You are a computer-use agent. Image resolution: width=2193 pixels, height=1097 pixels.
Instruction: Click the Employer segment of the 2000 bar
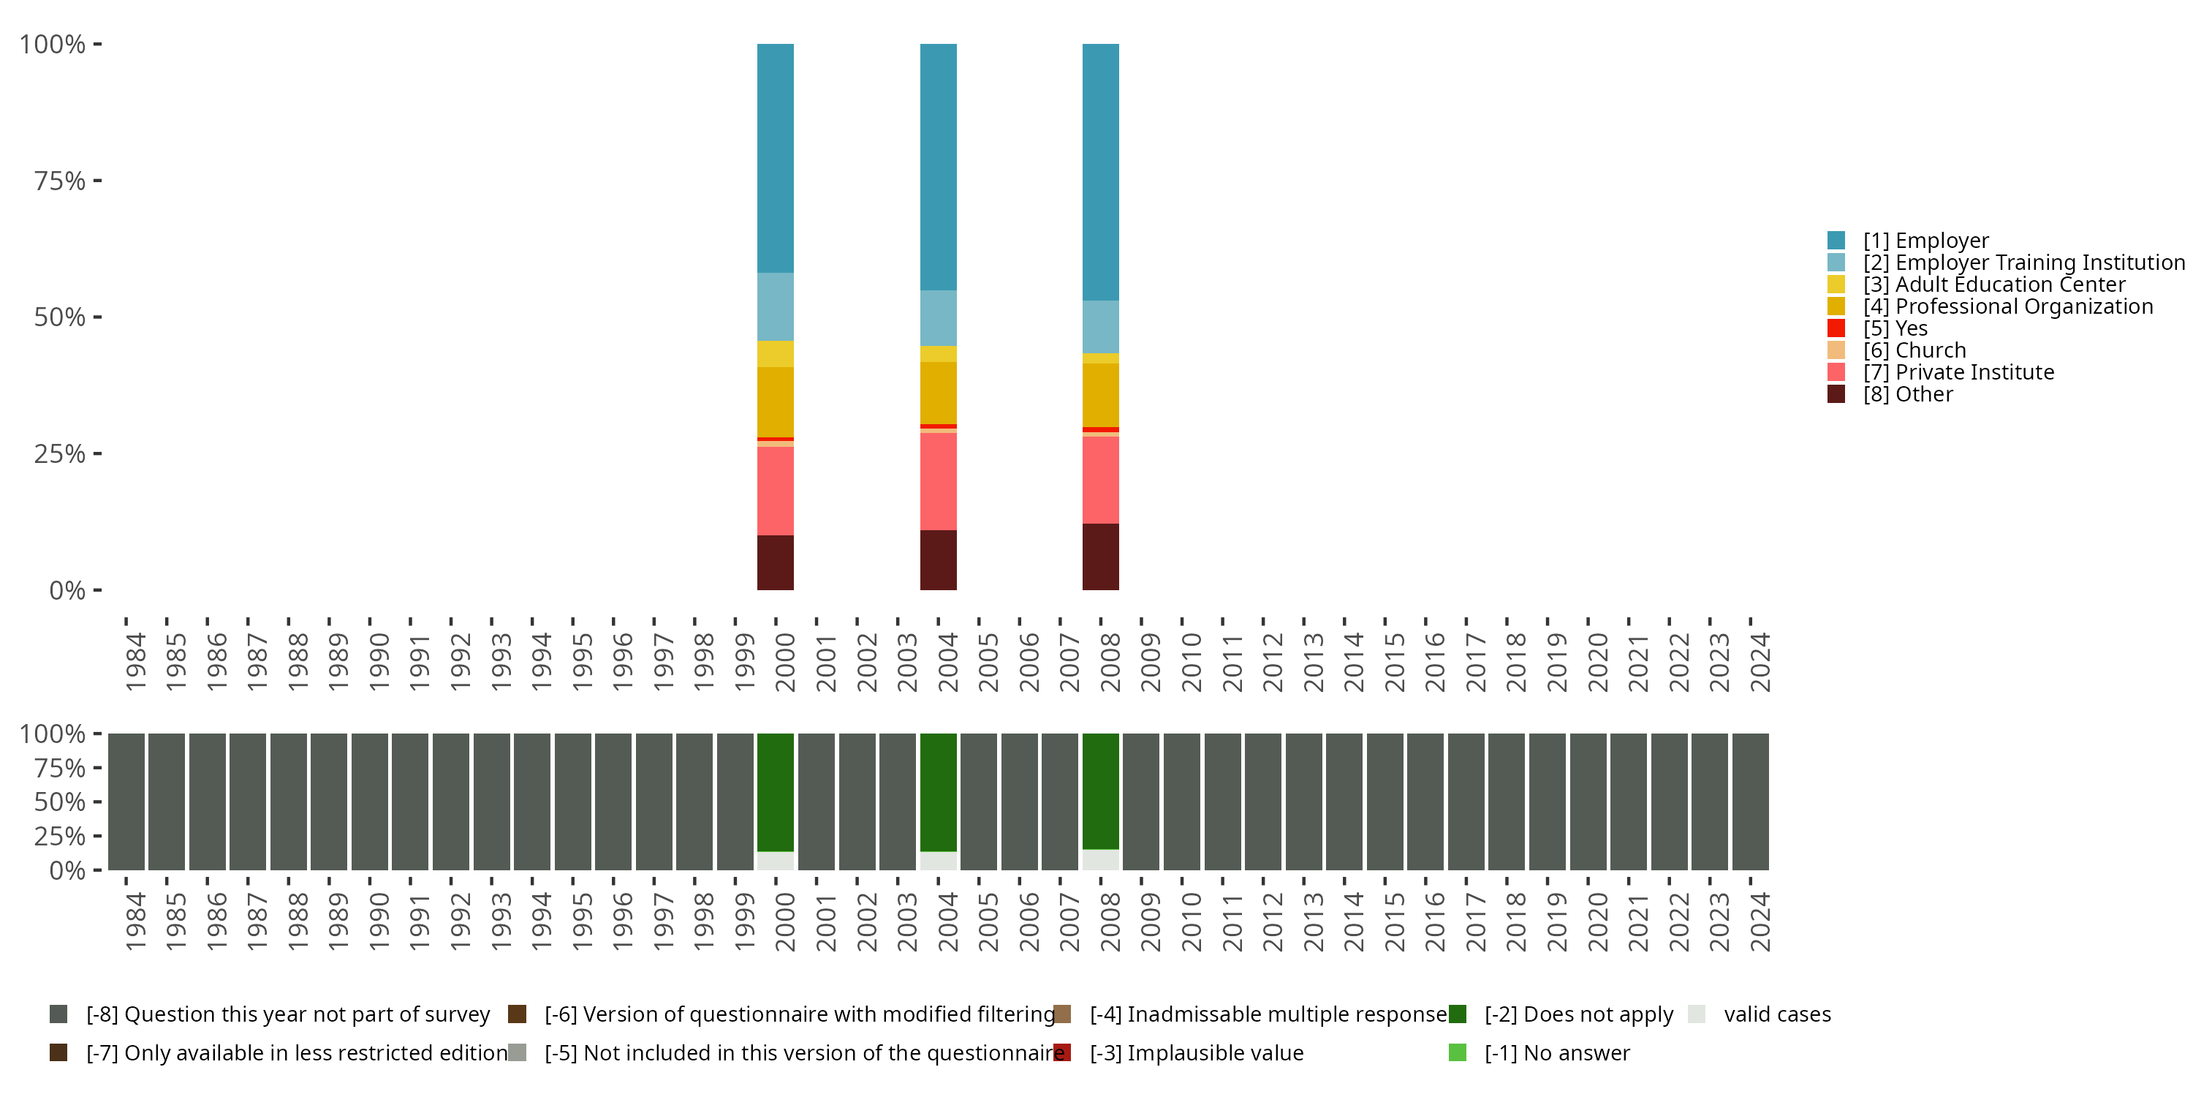[x=775, y=157]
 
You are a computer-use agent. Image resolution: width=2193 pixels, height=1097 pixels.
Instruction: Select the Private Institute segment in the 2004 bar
[x=938, y=481]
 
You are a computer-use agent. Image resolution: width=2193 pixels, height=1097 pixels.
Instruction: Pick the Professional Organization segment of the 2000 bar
[x=775, y=402]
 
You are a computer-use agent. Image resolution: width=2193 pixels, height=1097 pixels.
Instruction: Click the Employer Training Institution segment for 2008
[x=1100, y=327]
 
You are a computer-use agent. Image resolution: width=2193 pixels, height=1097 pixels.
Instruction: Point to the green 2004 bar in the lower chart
[x=938, y=792]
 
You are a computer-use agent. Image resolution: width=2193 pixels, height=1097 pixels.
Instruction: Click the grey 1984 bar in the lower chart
[x=126, y=802]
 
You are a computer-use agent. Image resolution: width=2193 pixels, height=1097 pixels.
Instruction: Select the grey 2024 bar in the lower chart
[x=1750, y=802]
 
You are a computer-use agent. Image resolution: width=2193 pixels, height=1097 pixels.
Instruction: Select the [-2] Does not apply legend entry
[x=1577, y=1014]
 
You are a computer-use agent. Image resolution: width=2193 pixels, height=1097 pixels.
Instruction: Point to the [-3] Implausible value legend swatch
[x=1062, y=1052]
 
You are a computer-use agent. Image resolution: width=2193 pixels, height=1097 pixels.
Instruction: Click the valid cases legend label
[x=1777, y=1014]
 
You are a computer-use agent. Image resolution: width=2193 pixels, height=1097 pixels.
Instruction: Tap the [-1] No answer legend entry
[x=1556, y=1052]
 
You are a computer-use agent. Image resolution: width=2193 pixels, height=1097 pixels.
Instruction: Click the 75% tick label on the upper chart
[x=60, y=181]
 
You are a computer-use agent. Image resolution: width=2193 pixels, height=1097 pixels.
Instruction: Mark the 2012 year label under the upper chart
[x=1273, y=663]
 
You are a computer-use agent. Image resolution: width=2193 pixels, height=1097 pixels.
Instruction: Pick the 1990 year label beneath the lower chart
[x=379, y=922]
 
